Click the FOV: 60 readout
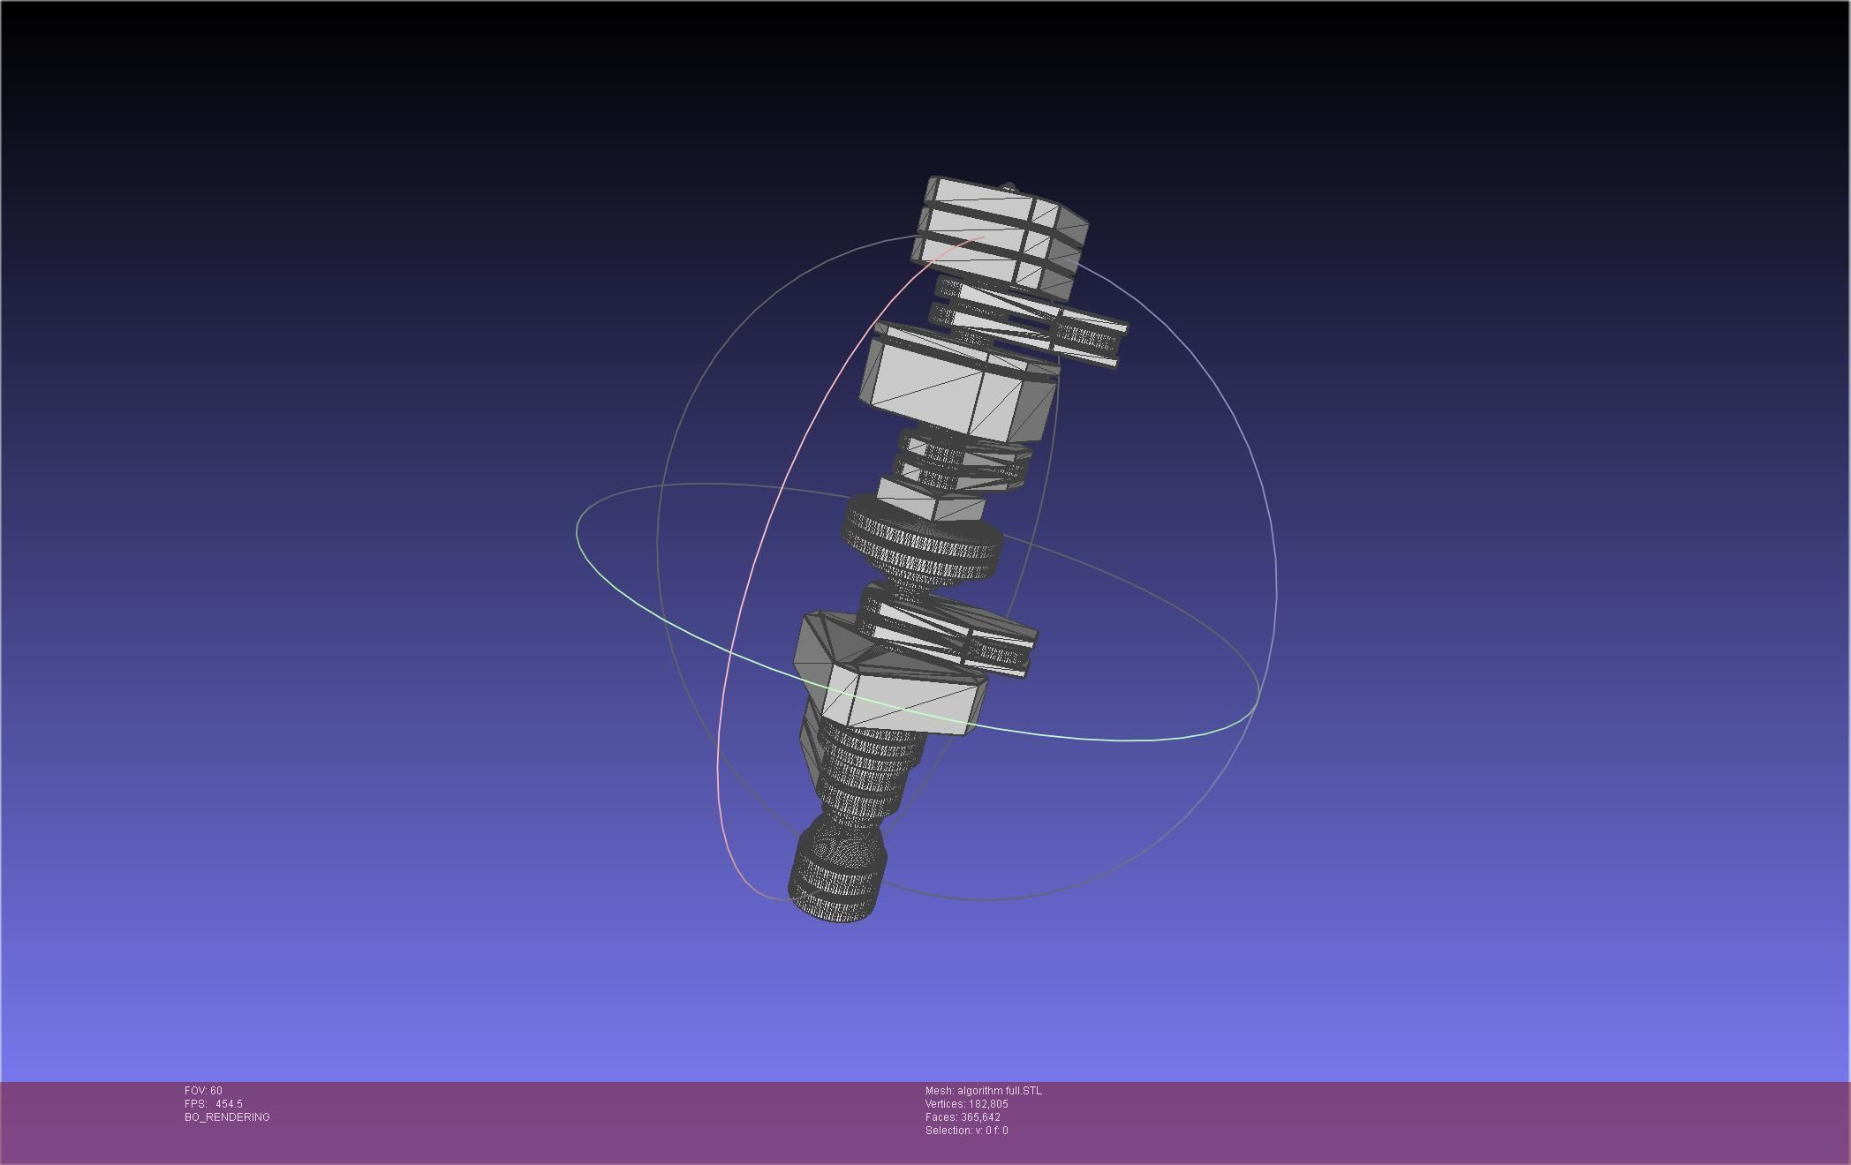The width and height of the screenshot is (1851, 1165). tap(203, 1091)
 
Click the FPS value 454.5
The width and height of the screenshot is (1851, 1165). tap(229, 1104)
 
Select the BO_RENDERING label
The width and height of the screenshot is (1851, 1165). tap(227, 1117)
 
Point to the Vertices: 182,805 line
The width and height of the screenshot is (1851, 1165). tap(966, 1104)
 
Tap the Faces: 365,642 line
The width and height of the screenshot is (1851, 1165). tap(963, 1117)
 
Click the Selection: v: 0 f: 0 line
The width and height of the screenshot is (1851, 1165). tap(966, 1131)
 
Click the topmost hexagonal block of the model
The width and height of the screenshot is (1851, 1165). tap(998, 234)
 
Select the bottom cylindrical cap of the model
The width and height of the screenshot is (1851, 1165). tap(835, 878)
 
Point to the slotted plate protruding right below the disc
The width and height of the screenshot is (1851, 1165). tap(998, 649)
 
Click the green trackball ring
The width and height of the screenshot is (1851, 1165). tap(1122, 740)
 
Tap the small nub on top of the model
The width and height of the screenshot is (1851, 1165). tap(1009, 187)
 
